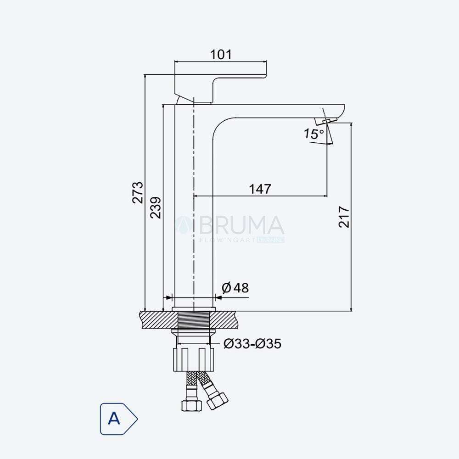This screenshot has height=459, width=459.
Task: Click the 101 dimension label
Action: [x=221, y=55]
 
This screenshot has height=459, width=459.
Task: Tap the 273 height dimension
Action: [x=138, y=193]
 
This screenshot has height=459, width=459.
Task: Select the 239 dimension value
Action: [x=156, y=207]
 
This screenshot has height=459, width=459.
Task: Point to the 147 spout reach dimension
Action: [x=260, y=189]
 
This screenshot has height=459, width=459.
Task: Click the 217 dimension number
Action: [x=344, y=217]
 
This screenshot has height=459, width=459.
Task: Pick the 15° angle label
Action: [x=313, y=134]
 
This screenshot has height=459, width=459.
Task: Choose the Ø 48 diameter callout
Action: [x=235, y=288]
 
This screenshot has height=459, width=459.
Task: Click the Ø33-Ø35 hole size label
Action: [x=252, y=343]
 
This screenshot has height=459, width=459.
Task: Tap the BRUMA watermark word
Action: [x=242, y=225]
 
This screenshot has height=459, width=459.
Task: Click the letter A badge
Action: [x=118, y=419]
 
